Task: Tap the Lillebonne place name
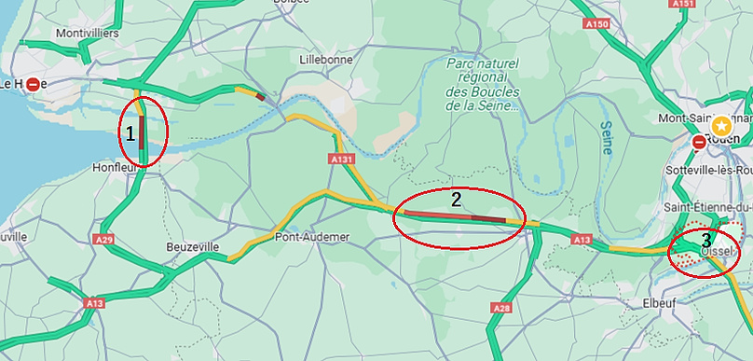(325, 59)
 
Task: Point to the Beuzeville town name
(192, 246)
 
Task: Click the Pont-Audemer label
(312, 237)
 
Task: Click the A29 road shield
(103, 240)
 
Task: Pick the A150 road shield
(596, 23)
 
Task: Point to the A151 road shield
(683, 4)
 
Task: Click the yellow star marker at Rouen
(721, 125)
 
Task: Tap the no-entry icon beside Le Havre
(34, 84)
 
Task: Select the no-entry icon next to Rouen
(699, 143)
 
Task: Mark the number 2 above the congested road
(456, 199)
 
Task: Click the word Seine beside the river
(607, 135)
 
